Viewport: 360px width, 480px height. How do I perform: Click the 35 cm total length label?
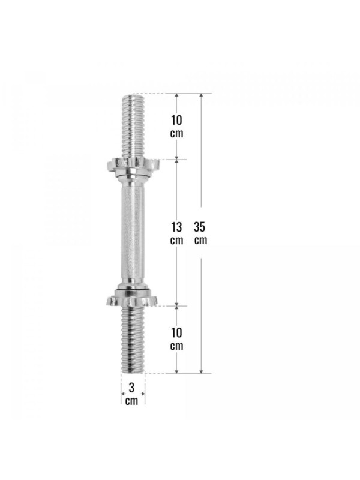point(200,233)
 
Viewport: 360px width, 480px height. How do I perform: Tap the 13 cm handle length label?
point(176,233)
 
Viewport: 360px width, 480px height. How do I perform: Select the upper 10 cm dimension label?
point(176,127)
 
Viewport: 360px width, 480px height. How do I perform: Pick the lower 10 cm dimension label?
point(176,339)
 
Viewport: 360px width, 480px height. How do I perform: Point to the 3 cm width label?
point(131,394)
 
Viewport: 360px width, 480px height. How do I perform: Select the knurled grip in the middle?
point(133,233)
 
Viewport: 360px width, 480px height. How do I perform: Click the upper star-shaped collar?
point(133,166)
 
